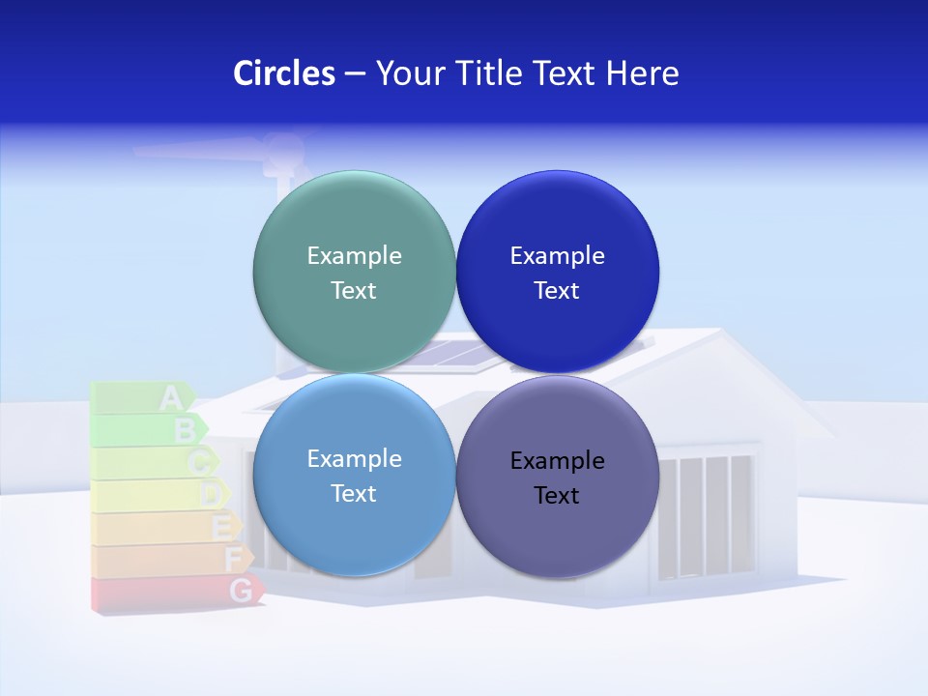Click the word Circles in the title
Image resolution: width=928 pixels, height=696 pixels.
click(x=284, y=73)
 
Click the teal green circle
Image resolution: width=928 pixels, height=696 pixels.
click(x=354, y=272)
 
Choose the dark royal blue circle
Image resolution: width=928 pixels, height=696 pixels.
click(x=557, y=272)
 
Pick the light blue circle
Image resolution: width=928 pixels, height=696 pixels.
click(x=354, y=475)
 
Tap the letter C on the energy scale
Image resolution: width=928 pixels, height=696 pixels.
click(x=199, y=462)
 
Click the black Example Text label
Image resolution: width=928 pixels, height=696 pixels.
click(x=557, y=478)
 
